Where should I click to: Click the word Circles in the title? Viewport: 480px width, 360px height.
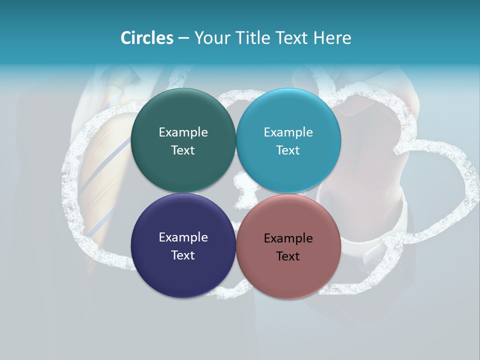146,38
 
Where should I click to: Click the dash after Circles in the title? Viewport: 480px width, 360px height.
183,38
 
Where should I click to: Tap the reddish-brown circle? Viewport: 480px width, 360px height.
288,275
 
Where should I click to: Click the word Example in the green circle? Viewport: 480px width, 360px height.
183,132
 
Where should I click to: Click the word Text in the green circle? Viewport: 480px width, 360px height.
183,150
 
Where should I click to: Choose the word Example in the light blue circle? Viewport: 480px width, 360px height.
288,132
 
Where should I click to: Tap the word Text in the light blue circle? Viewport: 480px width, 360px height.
288,150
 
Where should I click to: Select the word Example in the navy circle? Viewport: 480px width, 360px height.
183,237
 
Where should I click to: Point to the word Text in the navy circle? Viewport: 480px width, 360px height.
183,255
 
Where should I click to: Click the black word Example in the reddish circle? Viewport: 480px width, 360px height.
288,238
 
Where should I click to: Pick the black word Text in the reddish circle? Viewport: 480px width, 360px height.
288,256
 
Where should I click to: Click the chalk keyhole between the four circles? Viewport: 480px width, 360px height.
240,192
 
